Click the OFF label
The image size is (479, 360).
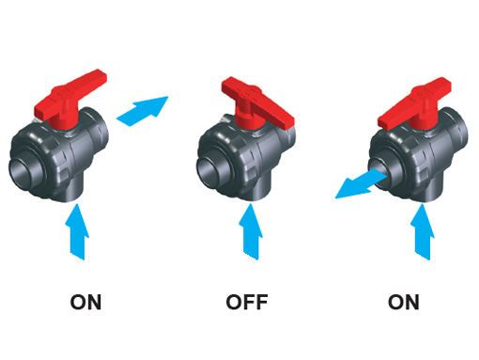pyautogui.click(x=247, y=302)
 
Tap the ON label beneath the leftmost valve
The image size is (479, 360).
pyautogui.click(x=85, y=302)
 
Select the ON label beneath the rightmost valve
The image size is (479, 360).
pyautogui.click(x=403, y=302)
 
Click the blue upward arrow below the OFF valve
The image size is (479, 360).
pyautogui.click(x=251, y=232)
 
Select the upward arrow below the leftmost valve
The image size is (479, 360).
pyautogui.click(x=77, y=232)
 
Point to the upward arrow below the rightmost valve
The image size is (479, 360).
pyautogui.click(x=422, y=232)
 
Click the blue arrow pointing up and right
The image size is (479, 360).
pyautogui.click(x=143, y=111)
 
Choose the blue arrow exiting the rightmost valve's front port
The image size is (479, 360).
pyautogui.click(x=360, y=185)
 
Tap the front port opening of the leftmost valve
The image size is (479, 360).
pyautogui.click(x=23, y=171)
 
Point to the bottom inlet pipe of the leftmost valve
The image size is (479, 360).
pyautogui.click(x=72, y=190)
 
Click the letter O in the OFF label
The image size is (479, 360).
pyautogui.click(x=235, y=302)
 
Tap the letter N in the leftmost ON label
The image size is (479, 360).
pyautogui.click(x=94, y=302)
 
